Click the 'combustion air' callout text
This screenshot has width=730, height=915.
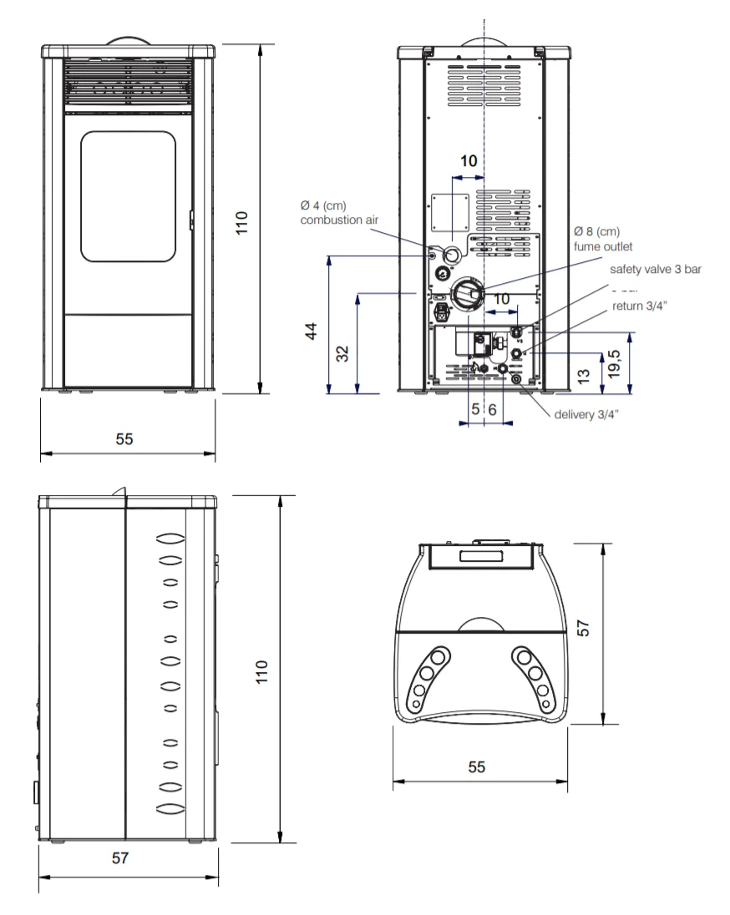339,220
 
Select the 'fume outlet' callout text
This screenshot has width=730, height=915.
603,246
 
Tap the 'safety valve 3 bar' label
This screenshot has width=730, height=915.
655,270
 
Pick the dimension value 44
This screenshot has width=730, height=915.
311,331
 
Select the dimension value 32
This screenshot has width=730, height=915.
342,353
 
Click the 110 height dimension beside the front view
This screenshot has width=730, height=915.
243,224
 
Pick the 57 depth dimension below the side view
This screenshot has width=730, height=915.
121,858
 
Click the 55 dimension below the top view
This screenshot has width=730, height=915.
477,766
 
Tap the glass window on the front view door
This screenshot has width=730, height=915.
129,196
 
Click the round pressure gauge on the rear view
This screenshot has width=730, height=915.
441,274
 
